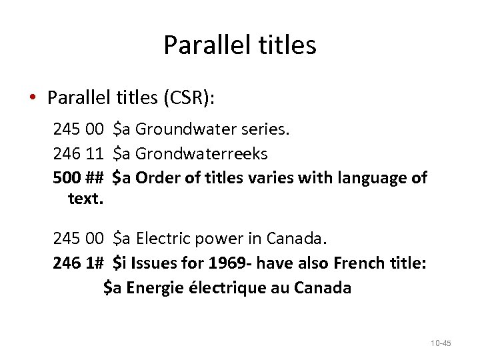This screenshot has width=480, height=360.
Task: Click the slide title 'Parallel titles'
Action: click(239, 45)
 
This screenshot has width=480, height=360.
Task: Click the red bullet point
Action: click(32, 98)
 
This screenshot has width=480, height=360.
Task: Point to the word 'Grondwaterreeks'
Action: click(201, 154)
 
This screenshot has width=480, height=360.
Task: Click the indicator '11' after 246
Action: click(94, 154)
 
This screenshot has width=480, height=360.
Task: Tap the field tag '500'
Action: click(66, 179)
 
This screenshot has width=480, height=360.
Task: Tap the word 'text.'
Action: click(84, 198)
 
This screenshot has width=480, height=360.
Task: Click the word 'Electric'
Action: click(163, 238)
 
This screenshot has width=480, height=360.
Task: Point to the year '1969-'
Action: click(229, 263)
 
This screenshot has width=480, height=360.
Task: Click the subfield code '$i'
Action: click(120, 263)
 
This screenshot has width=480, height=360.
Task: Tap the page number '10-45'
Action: click(441, 343)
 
